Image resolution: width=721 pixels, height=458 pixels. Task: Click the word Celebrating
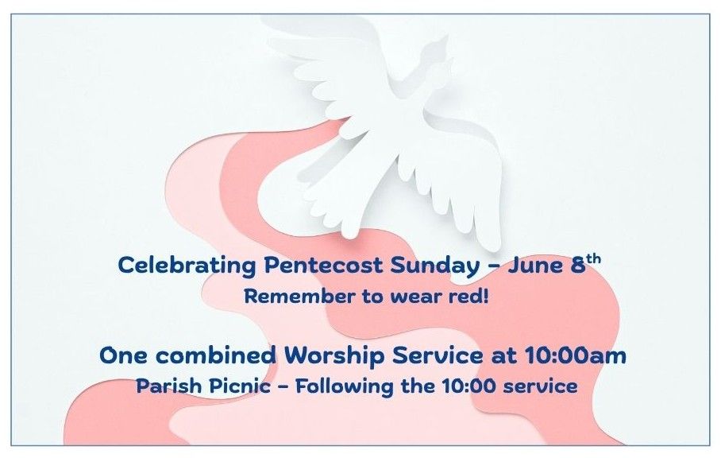[x=187, y=266]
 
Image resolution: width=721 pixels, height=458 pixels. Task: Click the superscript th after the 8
[x=594, y=259]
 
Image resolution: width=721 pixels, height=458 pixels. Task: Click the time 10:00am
[x=575, y=355]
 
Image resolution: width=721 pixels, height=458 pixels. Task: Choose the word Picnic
[x=240, y=386]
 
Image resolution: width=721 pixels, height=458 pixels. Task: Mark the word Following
[x=345, y=386]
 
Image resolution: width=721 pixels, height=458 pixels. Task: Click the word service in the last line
[x=540, y=386]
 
